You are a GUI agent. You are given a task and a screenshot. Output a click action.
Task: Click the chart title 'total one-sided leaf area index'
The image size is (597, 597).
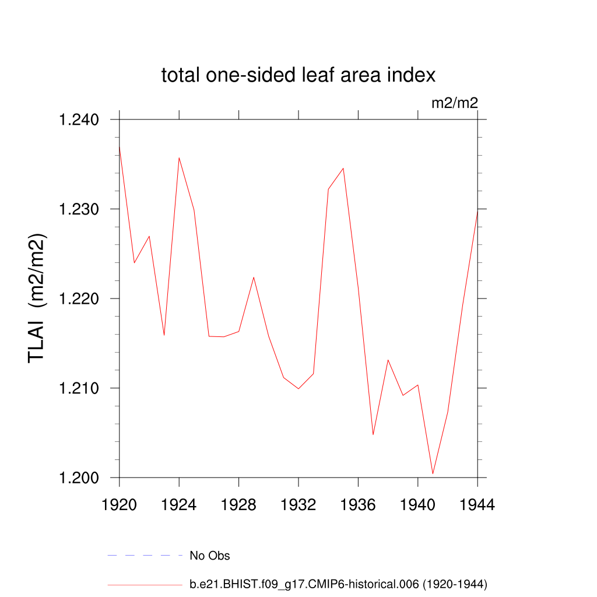(x=298, y=75)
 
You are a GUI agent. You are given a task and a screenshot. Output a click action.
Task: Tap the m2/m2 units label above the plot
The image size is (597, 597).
(x=454, y=104)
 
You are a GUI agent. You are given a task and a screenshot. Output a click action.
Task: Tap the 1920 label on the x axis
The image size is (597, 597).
(x=119, y=505)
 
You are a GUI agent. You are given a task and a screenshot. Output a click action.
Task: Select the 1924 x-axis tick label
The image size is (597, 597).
(x=179, y=505)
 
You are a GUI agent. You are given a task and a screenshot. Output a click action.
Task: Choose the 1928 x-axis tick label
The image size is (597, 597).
(x=238, y=505)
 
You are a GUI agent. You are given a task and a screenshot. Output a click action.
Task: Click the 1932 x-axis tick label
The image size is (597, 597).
(x=298, y=505)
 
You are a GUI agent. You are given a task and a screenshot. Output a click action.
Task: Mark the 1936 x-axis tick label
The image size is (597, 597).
(x=358, y=505)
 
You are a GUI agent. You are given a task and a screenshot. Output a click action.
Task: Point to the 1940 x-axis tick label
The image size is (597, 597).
(x=418, y=505)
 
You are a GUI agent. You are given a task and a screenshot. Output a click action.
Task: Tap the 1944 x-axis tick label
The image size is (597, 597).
(x=477, y=505)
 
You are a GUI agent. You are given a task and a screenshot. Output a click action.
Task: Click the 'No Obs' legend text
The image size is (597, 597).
(x=210, y=556)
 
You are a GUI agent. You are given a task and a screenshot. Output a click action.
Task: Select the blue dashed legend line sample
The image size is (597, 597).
(x=145, y=556)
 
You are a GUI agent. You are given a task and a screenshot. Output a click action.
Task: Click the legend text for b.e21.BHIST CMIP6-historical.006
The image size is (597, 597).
(x=338, y=584)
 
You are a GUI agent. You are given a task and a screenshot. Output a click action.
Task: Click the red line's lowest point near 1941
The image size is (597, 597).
(x=433, y=474)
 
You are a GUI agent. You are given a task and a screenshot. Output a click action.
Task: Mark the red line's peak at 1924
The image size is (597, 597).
(x=179, y=157)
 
